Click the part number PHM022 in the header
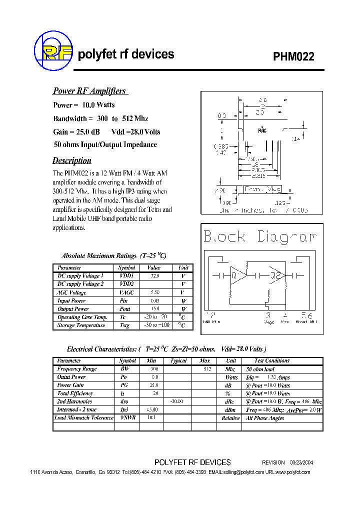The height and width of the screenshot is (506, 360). [293, 56]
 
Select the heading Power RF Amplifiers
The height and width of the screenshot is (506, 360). [89, 91]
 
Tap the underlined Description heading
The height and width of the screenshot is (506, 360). [72, 160]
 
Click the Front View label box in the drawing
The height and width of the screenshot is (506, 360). [262, 189]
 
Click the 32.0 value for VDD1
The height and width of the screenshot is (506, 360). [154, 276]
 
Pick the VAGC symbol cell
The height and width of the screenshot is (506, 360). [127, 292]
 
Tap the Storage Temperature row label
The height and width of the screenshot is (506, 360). [81, 325]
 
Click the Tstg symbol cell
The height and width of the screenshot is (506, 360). [124, 325]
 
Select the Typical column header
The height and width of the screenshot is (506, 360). [178, 360]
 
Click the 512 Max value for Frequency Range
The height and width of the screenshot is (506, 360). [206, 369]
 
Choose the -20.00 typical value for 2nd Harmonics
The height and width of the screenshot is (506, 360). [176, 401]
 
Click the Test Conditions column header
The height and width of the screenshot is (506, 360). [272, 360]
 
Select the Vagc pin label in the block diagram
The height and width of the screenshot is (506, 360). [269, 322]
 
